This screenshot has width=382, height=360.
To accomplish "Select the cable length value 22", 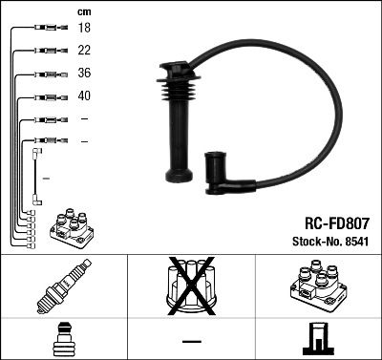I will [x=83, y=52].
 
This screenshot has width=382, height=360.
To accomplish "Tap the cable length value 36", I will [x=83, y=74].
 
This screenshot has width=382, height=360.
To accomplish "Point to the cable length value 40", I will [x=83, y=96].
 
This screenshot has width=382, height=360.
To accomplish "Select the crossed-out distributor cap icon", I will [x=190, y=286].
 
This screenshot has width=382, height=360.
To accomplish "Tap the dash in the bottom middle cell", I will [x=191, y=341].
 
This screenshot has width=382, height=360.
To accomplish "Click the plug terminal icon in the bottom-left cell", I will [x=63, y=338].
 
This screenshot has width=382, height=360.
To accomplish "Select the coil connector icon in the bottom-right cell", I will [x=318, y=339].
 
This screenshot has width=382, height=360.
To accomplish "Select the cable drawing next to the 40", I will [x=47, y=96].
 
